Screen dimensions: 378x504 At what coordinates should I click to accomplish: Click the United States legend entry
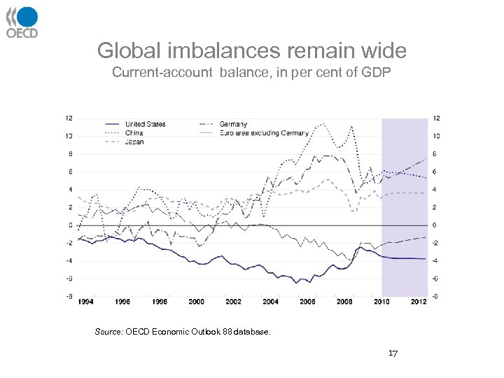point(145,124)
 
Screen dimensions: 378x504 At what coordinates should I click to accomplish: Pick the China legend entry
point(134,132)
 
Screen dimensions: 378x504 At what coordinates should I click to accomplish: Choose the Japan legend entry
point(134,141)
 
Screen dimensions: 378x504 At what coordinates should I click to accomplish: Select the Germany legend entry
point(232,124)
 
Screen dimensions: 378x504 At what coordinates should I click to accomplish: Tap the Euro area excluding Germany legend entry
point(263,132)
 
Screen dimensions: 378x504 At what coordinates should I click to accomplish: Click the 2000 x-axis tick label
point(197,302)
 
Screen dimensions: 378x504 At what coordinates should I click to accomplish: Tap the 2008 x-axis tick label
point(344,302)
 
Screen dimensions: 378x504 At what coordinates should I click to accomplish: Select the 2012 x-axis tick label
point(419,302)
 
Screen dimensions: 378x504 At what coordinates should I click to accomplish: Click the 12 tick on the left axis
point(69,118)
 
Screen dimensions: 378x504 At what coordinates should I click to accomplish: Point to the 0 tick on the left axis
point(70,225)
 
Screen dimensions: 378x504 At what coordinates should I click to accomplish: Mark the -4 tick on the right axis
point(436,261)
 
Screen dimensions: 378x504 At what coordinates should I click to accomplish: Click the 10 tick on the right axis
point(436,136)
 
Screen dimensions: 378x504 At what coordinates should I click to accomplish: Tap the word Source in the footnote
point(108,332)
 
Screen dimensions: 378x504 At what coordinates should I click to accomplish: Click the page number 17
point(393,353)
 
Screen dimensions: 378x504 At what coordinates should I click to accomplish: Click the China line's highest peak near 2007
point(322,125)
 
